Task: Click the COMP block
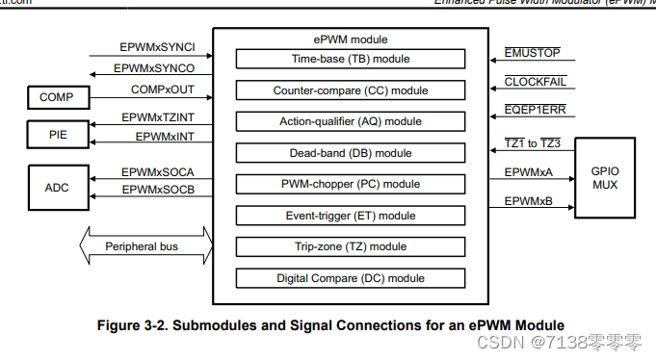[57, 97]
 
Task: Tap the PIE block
[57, 135]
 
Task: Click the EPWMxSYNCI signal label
[158, 46]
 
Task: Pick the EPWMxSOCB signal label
[158, 190]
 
